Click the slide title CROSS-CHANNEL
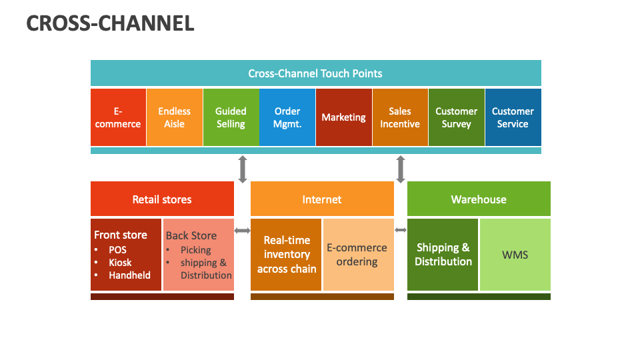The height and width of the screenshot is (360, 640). pyautogui.click(x=110, y=23)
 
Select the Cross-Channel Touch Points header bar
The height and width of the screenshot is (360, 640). pyautogui.click(x=315, y=73)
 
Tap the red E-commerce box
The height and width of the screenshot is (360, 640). pyautogui.click(x=118, y=117)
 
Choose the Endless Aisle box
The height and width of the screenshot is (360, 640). pyautogui.click(x=174, y=117)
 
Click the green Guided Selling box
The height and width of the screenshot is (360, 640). pyautogui.click(x=231, y=117)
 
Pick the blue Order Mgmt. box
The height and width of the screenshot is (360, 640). pyautogui.click(x=287, y=117)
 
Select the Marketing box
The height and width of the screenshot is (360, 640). pyautogui.click(x=343, y=117)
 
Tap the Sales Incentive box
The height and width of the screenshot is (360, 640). pyautogui.click(x=400, y=117)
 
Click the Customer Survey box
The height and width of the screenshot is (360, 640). pyautogui.click(x=456, y=117)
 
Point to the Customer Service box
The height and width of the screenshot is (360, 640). pyautogui.click(x=513, y=117)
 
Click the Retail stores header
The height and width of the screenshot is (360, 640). pyautogui.click(x=162, y=199)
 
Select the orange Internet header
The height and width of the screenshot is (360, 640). pyautogui.click(x=322, y=199)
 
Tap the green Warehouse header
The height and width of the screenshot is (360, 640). pyautogui.click(x=479, y=199)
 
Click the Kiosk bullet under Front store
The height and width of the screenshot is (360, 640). pyautogui.click(x=121, y=263)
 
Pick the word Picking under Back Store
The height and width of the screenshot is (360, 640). pyautogui.click(x=195, y=250)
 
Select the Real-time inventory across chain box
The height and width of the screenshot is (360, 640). pyautogui.click(x=286, y=255)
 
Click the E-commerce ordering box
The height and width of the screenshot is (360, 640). pyautogui.click(x=357, y=255)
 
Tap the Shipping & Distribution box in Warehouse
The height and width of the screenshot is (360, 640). pyautogui.click(x=443, y=255)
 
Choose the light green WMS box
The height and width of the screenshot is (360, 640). pyautogui.click(x=515, y=255)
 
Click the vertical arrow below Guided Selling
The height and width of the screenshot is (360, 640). pyautogui.click(x=243, y=169)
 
